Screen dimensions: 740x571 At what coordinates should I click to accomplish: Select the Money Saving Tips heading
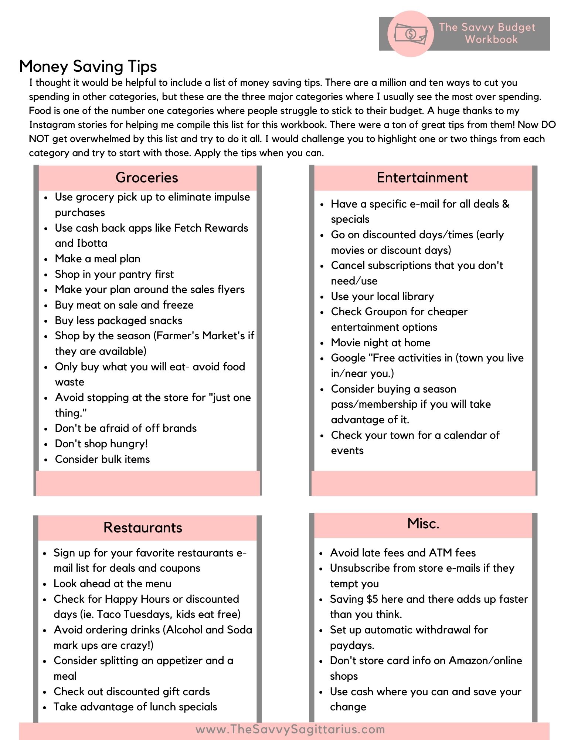pos(88,67)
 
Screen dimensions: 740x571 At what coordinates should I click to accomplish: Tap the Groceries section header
pos(147,178)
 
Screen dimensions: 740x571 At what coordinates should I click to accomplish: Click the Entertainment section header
pos(422,178)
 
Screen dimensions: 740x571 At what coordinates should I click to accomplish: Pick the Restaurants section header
pos(143,528)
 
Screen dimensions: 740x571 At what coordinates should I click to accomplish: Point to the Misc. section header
pos(423,524)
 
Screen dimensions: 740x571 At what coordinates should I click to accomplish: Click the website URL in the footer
pos(290,730)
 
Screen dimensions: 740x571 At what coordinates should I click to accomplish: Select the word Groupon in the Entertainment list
pos(386,312)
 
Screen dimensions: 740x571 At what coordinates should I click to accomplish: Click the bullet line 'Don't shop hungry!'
pos(101,444)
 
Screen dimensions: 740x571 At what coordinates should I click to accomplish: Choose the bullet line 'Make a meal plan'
pos(98,259)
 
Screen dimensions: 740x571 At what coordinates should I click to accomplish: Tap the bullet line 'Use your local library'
pos(382,296)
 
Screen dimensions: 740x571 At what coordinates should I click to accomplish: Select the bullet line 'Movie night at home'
pos(380,343)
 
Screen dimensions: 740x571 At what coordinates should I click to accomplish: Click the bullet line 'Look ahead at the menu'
pos(112,583)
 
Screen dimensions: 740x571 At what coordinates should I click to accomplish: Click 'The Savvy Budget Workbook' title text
pos(487,33)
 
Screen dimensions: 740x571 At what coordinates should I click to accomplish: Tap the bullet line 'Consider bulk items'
pos(102,459)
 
